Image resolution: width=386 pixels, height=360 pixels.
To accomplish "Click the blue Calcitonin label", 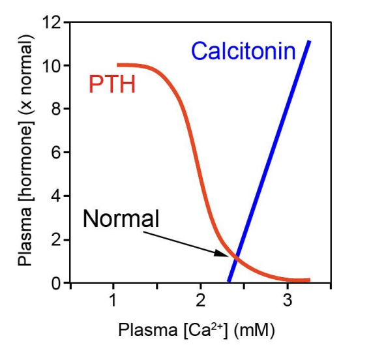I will [x=243, y=52].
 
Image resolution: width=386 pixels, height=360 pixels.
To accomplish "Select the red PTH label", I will [x=111, y=84].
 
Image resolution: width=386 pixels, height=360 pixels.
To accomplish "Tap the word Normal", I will [x=121, y=218].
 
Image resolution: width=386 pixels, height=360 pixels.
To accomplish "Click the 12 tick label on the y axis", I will [x=51, y=23].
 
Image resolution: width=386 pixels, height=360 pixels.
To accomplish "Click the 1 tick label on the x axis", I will [x=113, y=301].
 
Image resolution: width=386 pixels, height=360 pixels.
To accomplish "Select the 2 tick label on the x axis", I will [x=200, y=301].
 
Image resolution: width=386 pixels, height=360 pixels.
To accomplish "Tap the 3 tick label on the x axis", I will [x=287, y=301].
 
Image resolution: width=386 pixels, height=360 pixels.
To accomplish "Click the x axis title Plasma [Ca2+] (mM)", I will [x=196, y=331].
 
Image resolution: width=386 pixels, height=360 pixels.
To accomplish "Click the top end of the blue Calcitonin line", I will [x=309, y=42].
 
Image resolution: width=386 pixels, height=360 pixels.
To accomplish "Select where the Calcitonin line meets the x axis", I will [x=228, y=282].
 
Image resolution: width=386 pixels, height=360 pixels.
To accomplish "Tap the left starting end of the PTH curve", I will [x=118, y=65].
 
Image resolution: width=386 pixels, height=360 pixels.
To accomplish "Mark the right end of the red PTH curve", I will [x=308, y=280].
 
